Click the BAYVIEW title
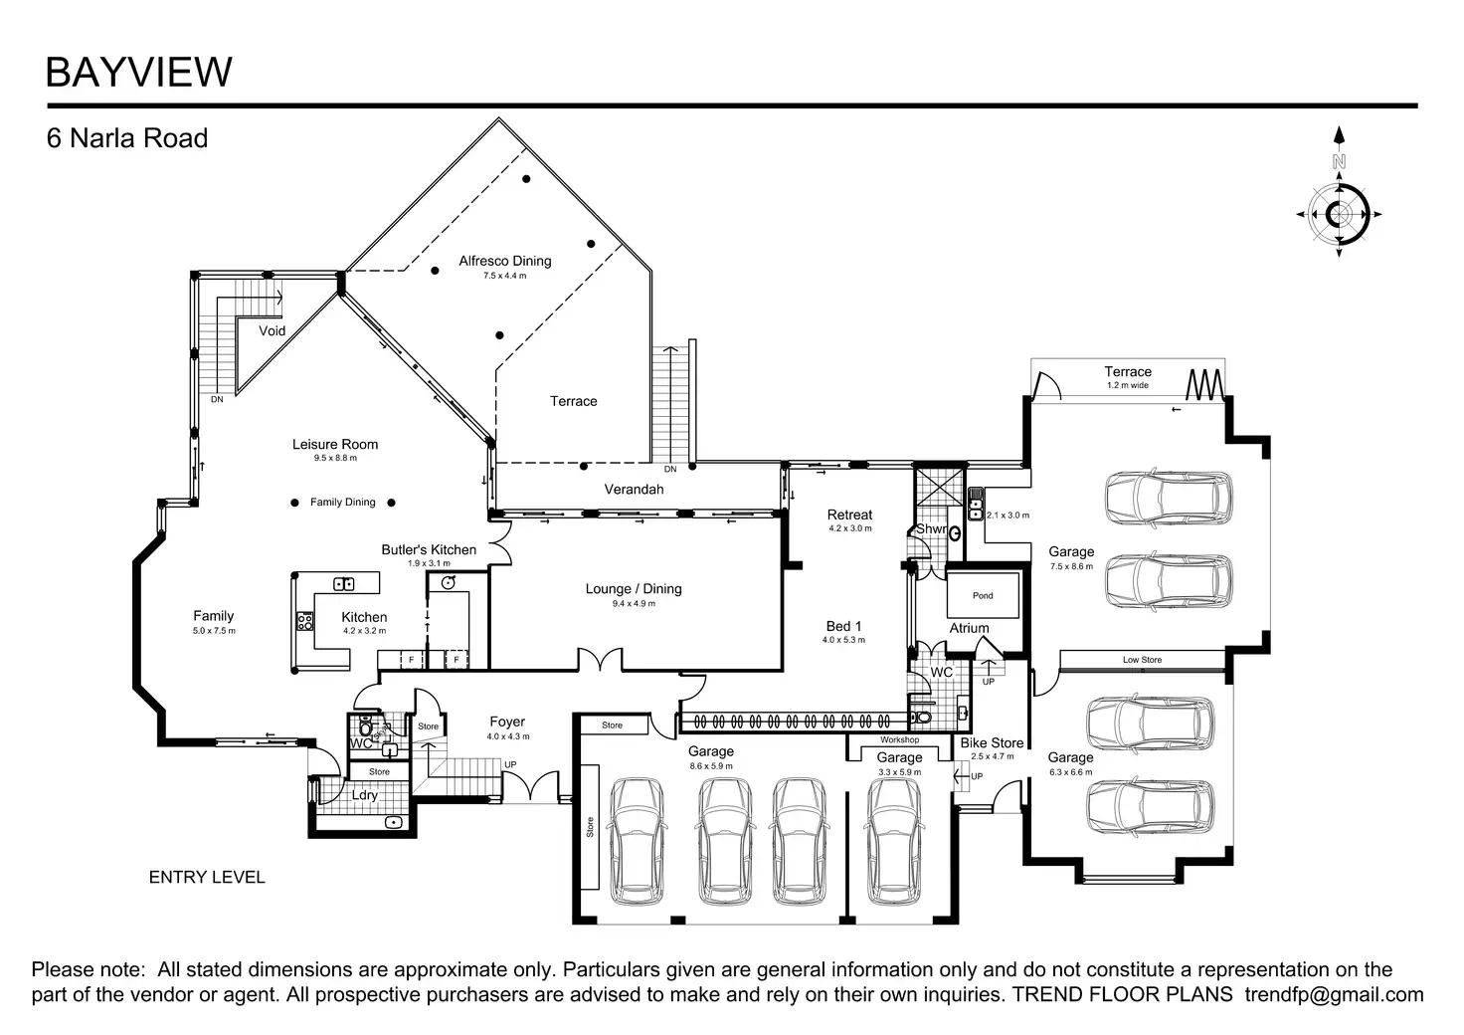tap(139, 73)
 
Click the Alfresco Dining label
tap(504, 261)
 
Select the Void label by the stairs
tap(272, 330)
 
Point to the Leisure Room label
tap(335, 444)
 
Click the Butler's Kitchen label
tap(429, 549)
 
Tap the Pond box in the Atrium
tap(983, 595)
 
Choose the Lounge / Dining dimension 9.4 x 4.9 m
tap(634, 603)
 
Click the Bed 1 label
tap(843, 626)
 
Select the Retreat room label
tap(849, 515)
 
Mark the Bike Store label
tap(992, 742)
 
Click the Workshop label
tap(899, 740)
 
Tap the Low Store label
tap(1142, 660)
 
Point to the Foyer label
tap(507, 722)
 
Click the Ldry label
tap(365, 795)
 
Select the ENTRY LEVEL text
tap(207, 877)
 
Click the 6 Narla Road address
tap(127, 138)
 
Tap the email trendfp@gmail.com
tap(1334, 994)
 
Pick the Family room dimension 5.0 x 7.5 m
tap(214, 631)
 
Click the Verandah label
tap(634, 489)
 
